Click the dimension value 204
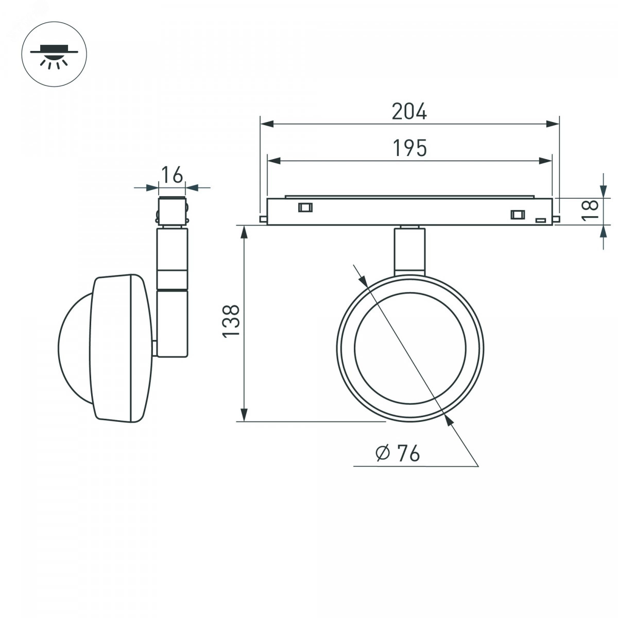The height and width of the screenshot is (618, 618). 409,112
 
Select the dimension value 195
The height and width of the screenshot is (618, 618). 409,148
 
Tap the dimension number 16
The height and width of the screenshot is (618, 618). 171,175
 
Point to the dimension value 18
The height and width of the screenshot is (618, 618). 590,210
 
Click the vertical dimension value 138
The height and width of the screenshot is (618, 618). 231,320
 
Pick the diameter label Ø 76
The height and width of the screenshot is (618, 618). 398,453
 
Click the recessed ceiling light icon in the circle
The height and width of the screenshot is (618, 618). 54,57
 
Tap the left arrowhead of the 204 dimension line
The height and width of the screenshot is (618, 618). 267,124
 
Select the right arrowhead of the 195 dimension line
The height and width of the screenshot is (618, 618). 545,161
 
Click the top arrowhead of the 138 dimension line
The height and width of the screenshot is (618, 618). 244,232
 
